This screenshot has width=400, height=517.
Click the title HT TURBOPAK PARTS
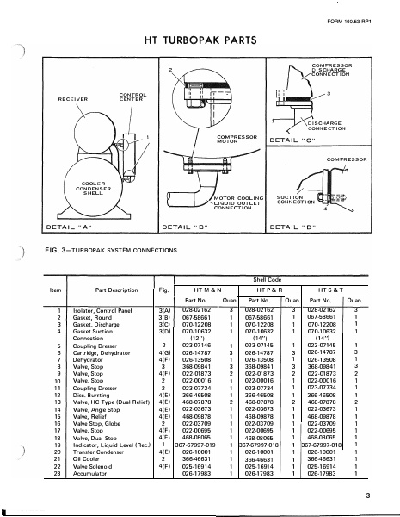click(200, 40)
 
